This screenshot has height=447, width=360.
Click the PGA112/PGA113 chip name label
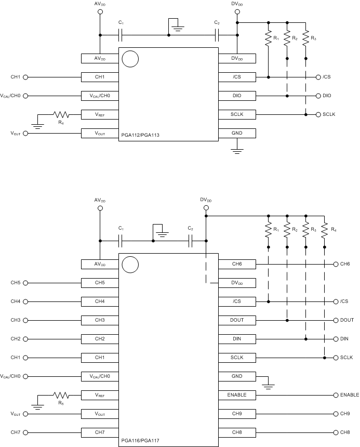[x=140, y=135]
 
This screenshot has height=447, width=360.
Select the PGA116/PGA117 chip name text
[x=140, y=441]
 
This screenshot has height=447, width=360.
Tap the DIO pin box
[x=237, y=96]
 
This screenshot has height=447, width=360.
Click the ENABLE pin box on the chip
[x=237, y=395]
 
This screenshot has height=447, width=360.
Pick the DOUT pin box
[x=237, y=320]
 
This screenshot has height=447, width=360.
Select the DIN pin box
[x=237, y=339]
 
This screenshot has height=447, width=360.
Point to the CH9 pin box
[x=237, y=414]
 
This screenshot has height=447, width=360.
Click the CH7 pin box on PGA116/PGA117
[x=100, y=432]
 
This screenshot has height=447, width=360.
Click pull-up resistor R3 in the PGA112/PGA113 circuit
[x=305, y=40]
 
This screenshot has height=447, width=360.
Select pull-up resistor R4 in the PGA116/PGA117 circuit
[x=324, y=230]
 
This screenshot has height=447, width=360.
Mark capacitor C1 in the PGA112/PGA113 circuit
[x=121, y=35]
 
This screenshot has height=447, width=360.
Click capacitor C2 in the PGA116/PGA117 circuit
[x=191, y=241]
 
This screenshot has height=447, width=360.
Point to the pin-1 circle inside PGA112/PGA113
[x=130, y=59]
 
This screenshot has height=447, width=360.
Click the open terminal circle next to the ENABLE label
[x=336, y=395]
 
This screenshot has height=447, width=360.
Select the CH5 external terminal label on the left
[x=16, y=283]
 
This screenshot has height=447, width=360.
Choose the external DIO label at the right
[x=327, y=96]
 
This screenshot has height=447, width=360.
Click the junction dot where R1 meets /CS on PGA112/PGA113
[x=269, y=77]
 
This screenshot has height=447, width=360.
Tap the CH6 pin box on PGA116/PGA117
[x=237, y=264]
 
